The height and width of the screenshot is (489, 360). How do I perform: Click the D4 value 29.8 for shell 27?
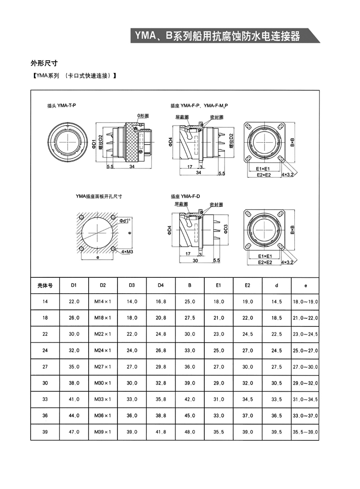(161, 367)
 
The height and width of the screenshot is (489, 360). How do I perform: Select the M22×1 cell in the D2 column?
(103, 334)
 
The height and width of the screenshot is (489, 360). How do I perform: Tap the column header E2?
(247, 285)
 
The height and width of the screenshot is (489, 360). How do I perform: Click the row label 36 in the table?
(45, 416)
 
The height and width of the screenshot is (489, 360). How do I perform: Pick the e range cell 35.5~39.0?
(306, 432)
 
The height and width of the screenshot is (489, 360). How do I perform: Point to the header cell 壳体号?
(45, 285)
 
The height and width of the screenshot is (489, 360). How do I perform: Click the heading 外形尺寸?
(43, 63)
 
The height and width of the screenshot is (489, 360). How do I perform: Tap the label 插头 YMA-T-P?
(62, 105)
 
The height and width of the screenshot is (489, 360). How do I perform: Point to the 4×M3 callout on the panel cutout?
(127, 252)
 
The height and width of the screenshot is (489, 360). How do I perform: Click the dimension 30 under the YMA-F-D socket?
(196, 261)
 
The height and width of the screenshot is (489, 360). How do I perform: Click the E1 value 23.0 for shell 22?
(219, 334)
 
